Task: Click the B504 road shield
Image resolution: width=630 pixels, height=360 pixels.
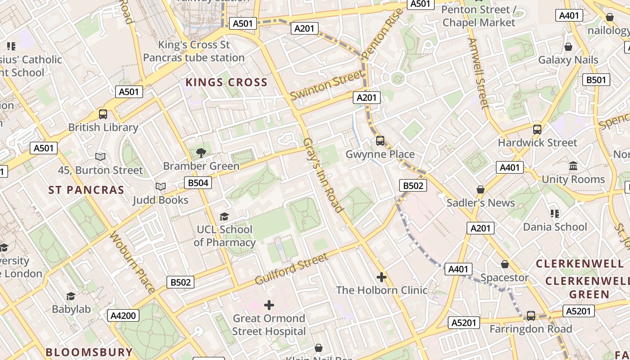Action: pyautogui.click(x=198, y=182)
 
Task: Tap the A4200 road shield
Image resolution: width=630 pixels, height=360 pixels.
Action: pyautogui.click(x=123, y=315)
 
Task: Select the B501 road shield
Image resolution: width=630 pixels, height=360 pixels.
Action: pyautogui.click(x=596, y=80)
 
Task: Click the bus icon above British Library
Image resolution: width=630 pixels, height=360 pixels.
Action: pyautogui.click(x=103, y=114)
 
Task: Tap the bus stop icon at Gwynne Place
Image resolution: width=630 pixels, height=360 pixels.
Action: pyautogui.click(x=380, y=141)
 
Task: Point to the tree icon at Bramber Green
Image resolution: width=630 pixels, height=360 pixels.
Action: pyautogui.click(x=201, y=153)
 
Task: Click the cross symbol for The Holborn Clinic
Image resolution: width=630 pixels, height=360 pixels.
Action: pyautogui.click(x=382, y=277)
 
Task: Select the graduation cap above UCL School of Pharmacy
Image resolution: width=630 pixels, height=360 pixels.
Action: pyautogui.click(x=224, y=217)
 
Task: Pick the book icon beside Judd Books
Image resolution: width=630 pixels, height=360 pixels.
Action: pyautogui.click(x=160, y=186)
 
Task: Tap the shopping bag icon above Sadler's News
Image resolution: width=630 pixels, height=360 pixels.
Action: pyautogui.click(x=481, y=189)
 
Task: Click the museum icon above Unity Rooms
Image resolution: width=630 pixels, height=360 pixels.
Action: pyautogui.click(x=573, y=166)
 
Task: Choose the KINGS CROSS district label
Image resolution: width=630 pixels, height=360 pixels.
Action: pyautogui.click(x=226, y=82)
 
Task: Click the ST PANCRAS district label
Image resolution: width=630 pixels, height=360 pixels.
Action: pyautogui.click(x=86, y=190)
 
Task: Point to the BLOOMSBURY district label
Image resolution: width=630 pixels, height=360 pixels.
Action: pyautogui.click(x=89, y=352)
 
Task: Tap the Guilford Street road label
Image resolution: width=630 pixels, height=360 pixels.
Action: pyautogui.click(x=292, y=269)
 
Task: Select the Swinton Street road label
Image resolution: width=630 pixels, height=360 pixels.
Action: pyautogui.click(x=326, y=85)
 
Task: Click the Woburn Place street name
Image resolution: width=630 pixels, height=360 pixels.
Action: pyautogui.click(x=133, y=262)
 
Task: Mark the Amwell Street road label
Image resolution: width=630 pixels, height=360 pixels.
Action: pyautogui.click(x=478, y=73)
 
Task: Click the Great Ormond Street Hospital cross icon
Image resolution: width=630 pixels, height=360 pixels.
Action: pyautogui.click(x=269, y=305)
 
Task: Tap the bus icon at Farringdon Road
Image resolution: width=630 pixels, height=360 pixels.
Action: pyautogui.click(x=531, y=316)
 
